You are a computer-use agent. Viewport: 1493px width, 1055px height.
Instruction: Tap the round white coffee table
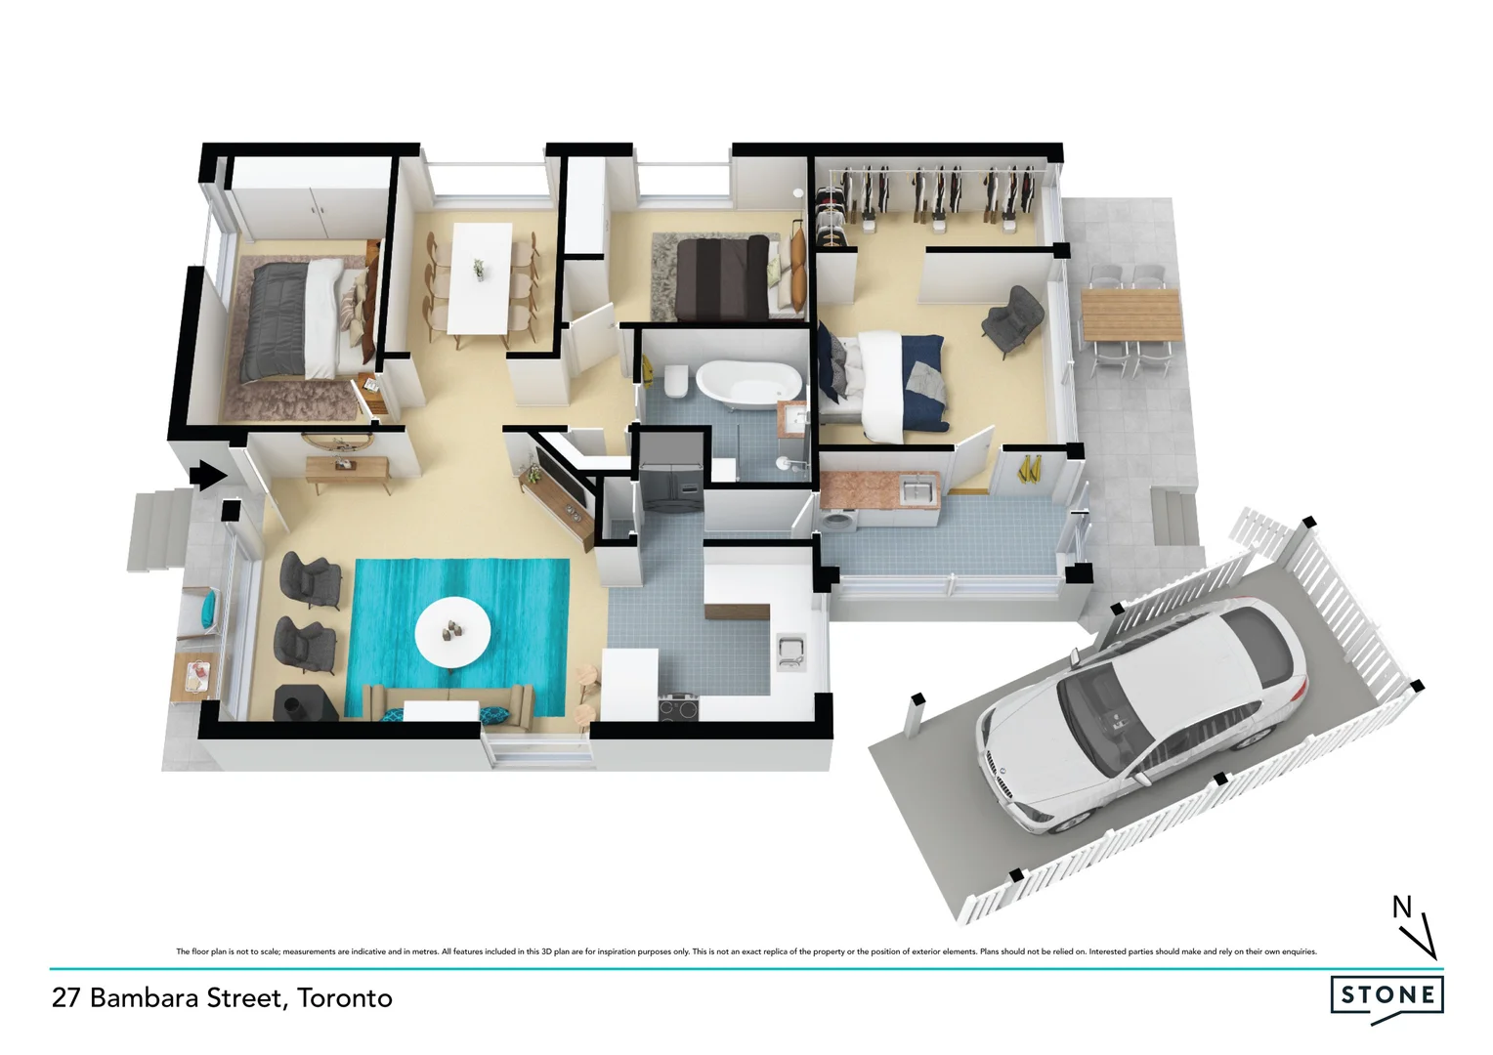click(452, 632)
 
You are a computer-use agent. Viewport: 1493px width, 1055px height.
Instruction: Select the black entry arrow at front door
click(206, 476)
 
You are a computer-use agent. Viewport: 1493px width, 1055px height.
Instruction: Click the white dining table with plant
click(480, 276)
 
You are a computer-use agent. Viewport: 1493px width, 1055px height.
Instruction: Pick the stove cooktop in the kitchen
click(680, 705)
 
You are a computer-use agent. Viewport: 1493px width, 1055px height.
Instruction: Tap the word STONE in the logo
click(1386, 995)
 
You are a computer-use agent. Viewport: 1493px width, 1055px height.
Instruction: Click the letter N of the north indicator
click(1402, 907)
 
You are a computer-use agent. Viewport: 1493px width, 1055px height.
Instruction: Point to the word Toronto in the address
click(345, 998)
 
